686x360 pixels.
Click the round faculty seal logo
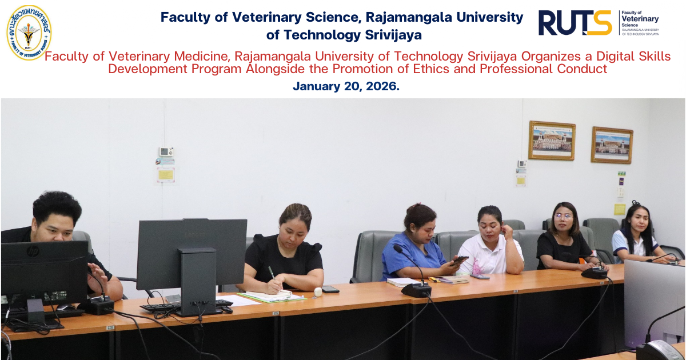click(29, 33)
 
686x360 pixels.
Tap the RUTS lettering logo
click(575, 23)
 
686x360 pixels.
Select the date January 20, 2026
click(346, 86)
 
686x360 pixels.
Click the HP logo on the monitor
click(33, 251)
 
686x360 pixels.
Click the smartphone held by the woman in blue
click(460, 260)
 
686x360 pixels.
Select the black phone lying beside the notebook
click(330, 289)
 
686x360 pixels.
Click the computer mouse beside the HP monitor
click(66, 307)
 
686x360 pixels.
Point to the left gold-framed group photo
click(552, 141)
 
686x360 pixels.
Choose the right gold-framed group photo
click(612, 145)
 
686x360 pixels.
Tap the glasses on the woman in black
click(564, 217)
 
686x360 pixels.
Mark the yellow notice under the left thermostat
click(166, 175)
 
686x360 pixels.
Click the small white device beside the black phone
click(318, 292)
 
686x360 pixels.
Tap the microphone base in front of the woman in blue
click(416, 290)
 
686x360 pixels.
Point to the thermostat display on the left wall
click(166, 151)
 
